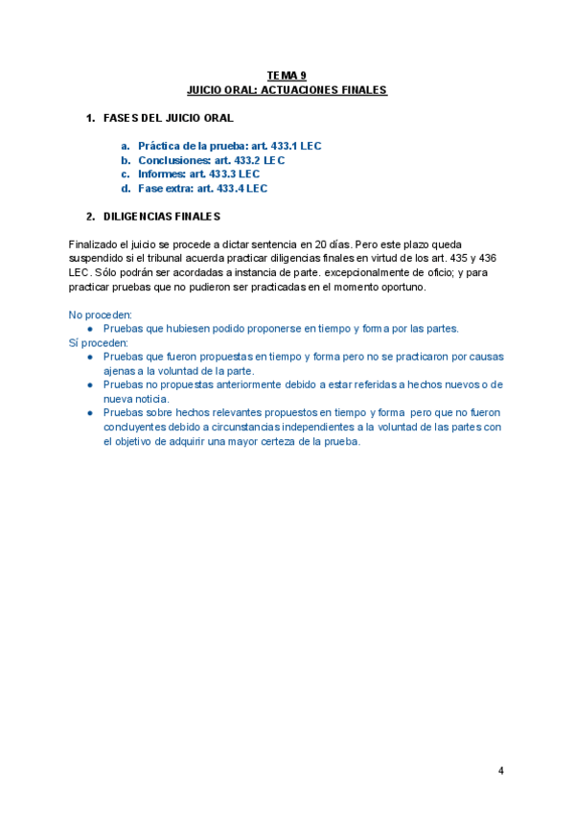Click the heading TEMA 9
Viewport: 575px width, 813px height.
point(287,75)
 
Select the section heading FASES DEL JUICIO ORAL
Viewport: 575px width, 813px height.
point(168,118)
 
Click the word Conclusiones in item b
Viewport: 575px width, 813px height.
point(173,160)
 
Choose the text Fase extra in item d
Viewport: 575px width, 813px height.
point(165,189)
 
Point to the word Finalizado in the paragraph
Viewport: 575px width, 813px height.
point(94,245)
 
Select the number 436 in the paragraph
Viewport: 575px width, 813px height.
point(486,259)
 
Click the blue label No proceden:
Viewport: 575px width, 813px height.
point(101,314)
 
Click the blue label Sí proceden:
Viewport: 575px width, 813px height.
point(99,342)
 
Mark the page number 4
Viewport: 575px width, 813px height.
point(500,771)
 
